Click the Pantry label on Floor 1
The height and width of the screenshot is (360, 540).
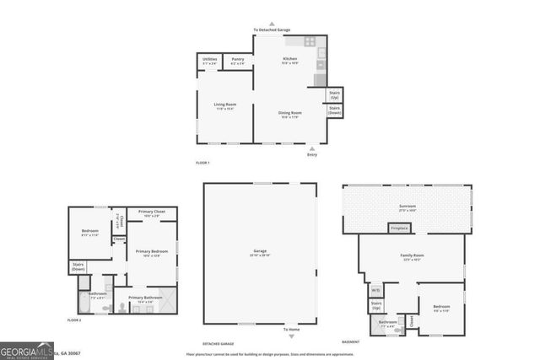click(x=238, y=61)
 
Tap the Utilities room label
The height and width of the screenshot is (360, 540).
click(x=210, y=61)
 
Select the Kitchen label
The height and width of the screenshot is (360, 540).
click(x=289, y=61)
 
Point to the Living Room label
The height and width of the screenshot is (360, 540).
click(x=224, y=107)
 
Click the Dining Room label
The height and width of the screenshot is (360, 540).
click(x=289, y=115)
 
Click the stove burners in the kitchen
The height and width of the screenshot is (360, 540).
click(x=310, y=40)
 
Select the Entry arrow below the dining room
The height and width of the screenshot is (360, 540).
click(x=312, y=149)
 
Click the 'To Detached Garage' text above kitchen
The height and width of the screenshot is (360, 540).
click(x=271, y=30)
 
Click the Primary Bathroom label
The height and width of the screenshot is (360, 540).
click(x=146, y=299)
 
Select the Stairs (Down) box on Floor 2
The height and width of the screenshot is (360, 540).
click(x=78, y=268)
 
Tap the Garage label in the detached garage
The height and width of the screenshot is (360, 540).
click(x=259, y=253)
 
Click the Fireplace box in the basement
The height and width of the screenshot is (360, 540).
click(x=399, y=228)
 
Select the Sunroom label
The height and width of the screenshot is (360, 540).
click(x=408, y=207)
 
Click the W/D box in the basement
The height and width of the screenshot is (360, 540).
click(x=375, y=291)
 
